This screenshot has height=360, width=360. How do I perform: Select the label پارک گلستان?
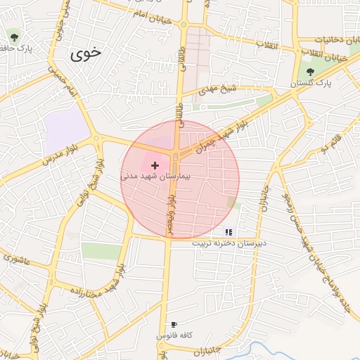[x=311, y=83]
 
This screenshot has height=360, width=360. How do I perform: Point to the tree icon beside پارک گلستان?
[x=310, y=72]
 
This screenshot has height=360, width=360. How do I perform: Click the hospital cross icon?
[x=155, y=165]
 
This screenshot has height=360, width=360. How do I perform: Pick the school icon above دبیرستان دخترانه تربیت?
[x=228, y=231]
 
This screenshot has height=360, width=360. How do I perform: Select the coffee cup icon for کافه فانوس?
[x=174, y=325]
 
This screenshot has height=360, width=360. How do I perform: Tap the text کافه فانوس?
[x=174, y=335]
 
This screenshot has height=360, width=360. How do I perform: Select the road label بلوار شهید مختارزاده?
[x=85, y=281]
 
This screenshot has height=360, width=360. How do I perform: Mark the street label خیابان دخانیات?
[x=337, y=39]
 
